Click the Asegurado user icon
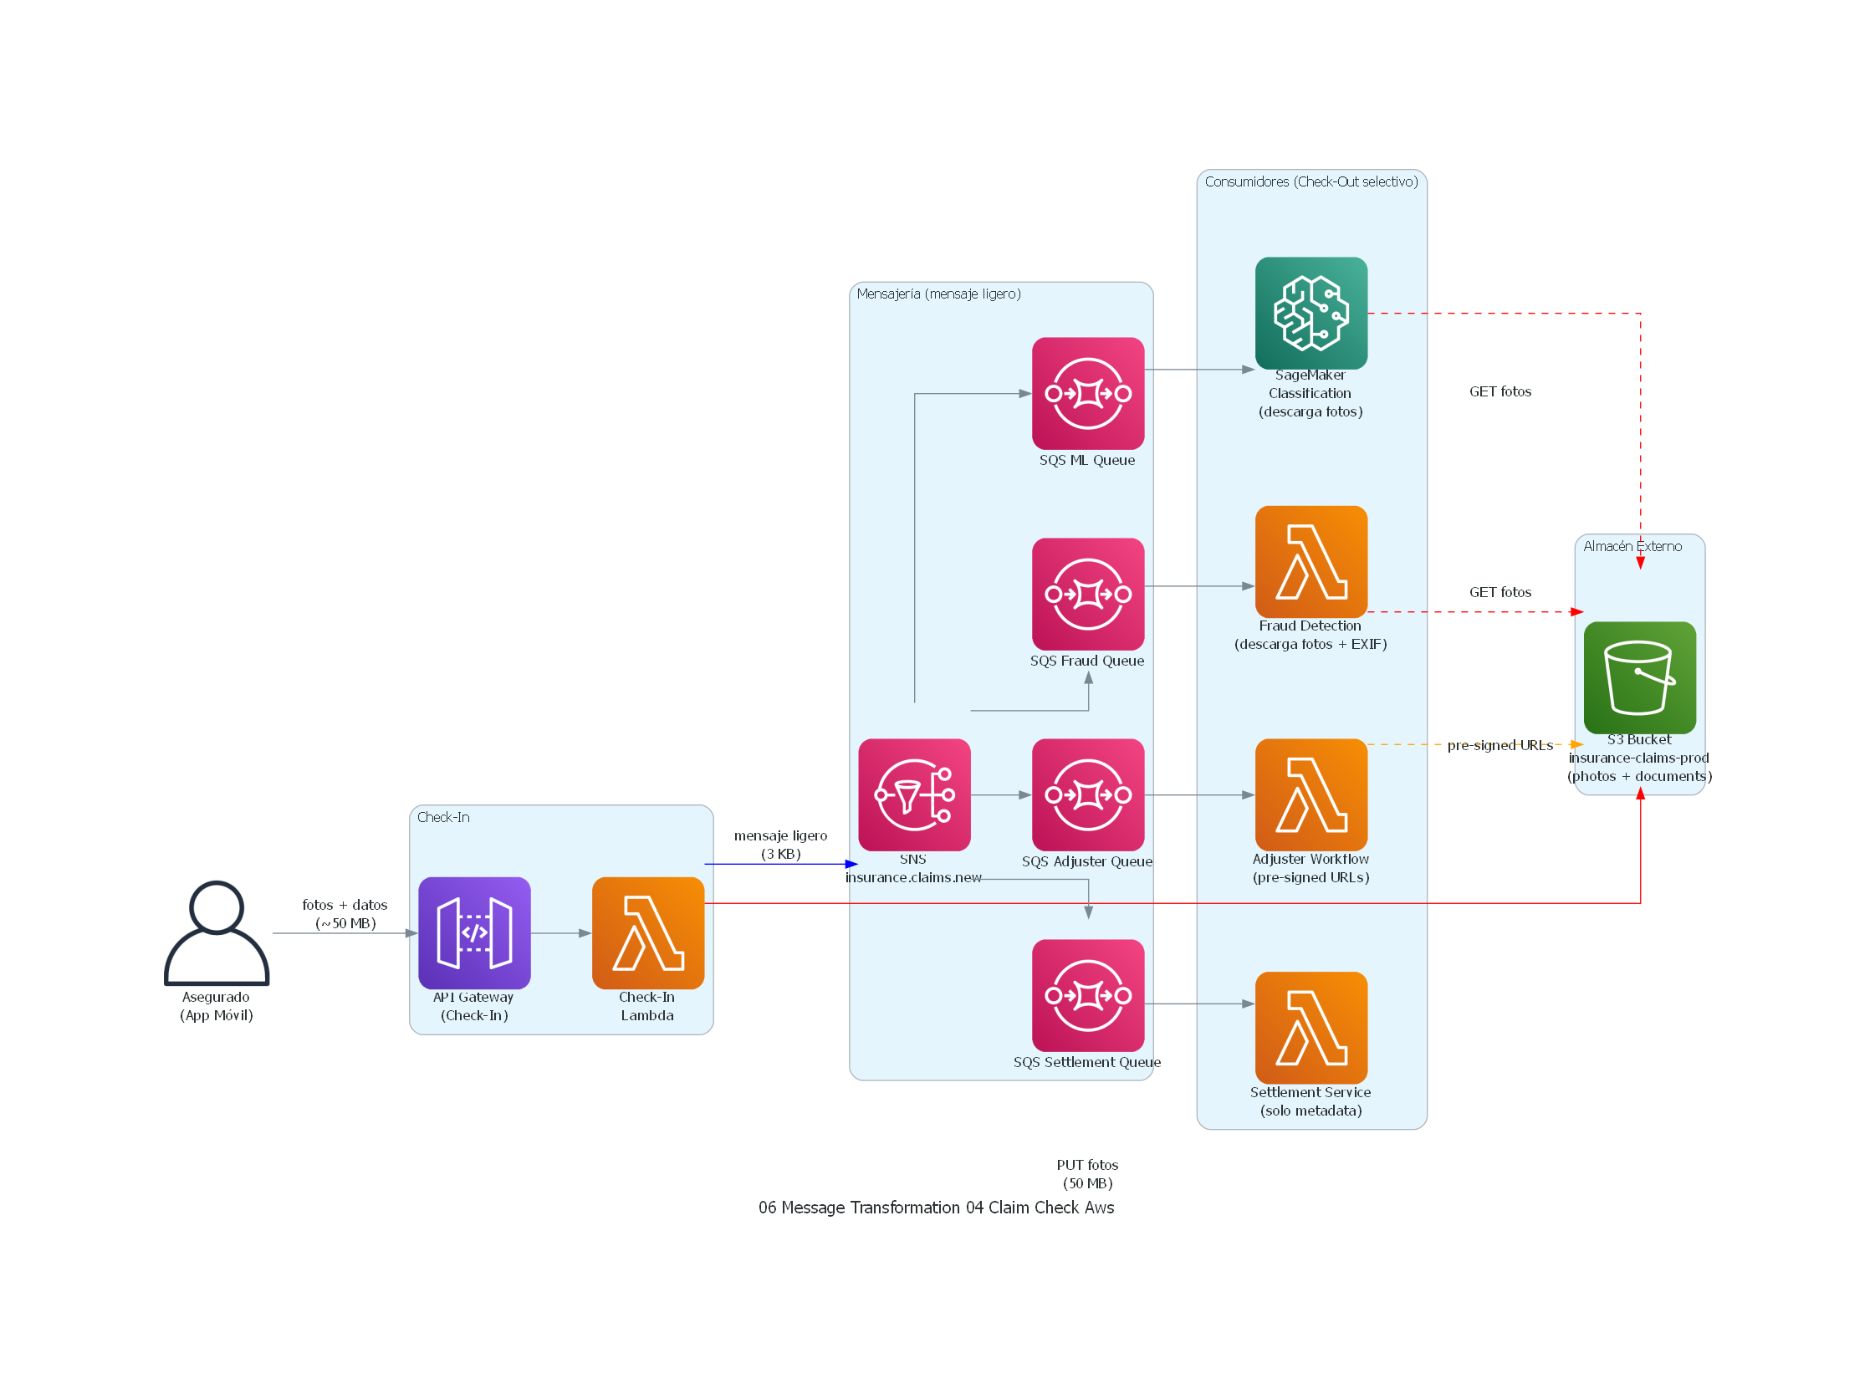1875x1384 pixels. pyautogui.click(x=216, y=933)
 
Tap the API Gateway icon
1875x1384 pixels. pyautogui.click(x=474, y=933)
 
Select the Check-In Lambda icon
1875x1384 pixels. pyautogui.click(x=647, y=933)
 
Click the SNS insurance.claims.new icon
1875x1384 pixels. pyautogui.click(x=914, y=795)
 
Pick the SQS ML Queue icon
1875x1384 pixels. pyautogui.click(x=1087, y=394)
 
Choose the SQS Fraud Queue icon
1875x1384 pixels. pyautogui.click(x=1087, y=594)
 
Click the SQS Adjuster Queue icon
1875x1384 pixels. pyautogui.click(x=1087, y=795)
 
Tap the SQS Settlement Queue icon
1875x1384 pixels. pyautogui.click(x=1087, y=995)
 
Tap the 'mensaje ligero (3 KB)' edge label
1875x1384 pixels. pyautogui.click(x=780, y=845)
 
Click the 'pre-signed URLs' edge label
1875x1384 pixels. pyautogui.click(x=1499, y=746)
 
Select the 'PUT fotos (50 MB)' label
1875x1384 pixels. pyautogui.click(x=1087, y=1174)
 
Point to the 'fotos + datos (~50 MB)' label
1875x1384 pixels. pyautogui.click(x=345, y=914)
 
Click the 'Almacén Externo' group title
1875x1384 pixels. pyautogui.click(x=1632, y=546)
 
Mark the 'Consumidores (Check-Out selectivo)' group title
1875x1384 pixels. pyautogui.click(x=1311, y=181)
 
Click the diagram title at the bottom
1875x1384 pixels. pyautogui.click(x=936, y=1208)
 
